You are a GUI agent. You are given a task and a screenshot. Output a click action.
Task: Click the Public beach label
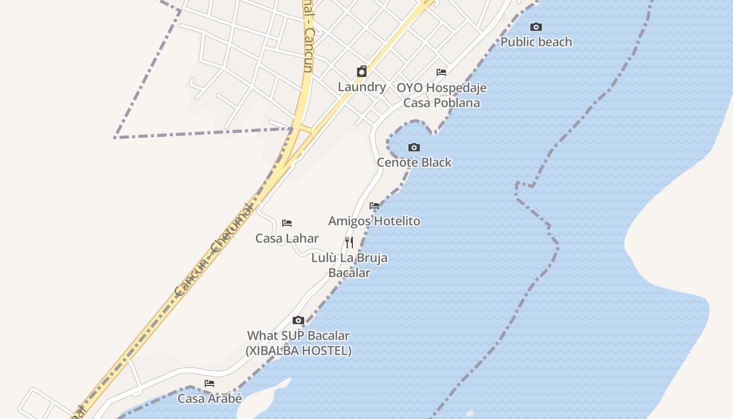click(536, 42)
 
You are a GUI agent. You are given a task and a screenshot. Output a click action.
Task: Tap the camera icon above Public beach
click(536, 27)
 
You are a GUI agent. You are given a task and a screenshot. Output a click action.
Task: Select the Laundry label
click(362, 87)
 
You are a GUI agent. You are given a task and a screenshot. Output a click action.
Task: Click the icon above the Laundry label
click(362, 72)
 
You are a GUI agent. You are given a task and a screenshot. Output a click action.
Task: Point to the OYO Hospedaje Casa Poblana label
click(441, 95)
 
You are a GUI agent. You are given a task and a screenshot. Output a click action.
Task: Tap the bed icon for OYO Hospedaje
click(441, 72)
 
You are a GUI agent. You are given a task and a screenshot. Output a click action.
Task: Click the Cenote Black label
click(414, 162)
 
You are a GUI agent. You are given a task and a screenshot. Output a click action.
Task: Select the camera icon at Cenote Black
click(414, 147)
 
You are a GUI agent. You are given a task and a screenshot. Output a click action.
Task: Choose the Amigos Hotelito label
click(374, 221)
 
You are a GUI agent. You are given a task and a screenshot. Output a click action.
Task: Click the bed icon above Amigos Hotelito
click(374, 206)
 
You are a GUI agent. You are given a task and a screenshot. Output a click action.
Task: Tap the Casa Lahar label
click(287, 238)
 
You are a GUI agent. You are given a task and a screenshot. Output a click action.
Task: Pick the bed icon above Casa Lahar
click(287, 223)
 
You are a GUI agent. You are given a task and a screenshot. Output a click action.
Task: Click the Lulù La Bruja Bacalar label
click(349, 265)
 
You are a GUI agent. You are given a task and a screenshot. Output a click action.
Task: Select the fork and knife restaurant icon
click(349, 242)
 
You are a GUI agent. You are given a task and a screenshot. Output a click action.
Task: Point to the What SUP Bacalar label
click(298, 335)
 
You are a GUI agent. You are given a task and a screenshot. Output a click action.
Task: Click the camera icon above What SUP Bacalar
click(298, 320)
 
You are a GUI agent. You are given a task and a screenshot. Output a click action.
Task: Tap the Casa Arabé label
click(209, 399)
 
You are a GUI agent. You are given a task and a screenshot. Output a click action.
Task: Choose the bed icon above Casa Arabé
click(209, 383)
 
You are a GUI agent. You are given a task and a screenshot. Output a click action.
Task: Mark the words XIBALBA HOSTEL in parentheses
click(298, 351)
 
